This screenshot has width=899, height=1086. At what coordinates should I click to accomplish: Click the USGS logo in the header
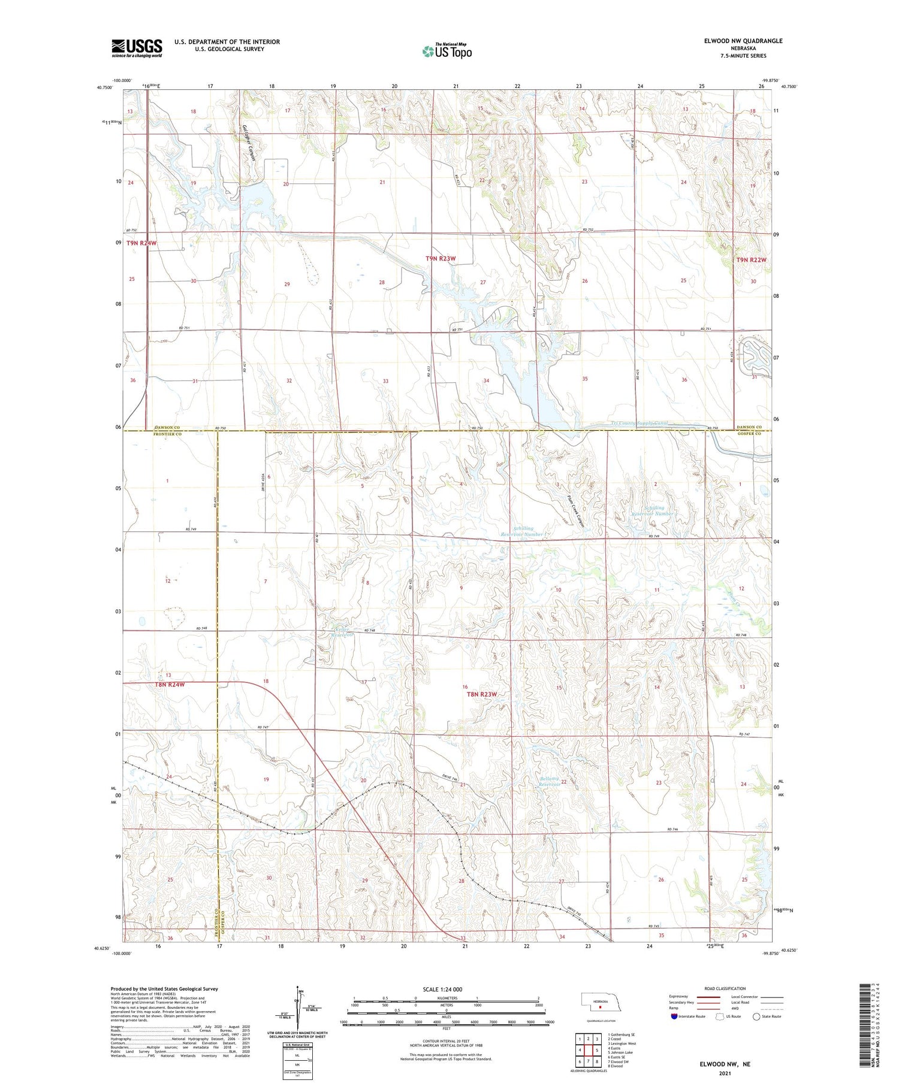tap(137, 48)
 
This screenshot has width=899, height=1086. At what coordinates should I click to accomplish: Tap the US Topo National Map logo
tap(447, 51)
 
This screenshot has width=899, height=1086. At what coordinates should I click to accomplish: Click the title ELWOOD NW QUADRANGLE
tap(743, 41)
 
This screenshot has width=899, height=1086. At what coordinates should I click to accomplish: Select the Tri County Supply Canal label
tap(639, 423)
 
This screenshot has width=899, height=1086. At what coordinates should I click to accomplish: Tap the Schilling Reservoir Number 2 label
tap(654, 511)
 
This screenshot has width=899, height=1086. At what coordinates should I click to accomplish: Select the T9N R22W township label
tap(751, 260)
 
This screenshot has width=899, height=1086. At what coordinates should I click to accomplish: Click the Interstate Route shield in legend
tap(674, 1016)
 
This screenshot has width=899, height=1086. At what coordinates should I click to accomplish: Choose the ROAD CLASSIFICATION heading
tap(725, 988)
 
